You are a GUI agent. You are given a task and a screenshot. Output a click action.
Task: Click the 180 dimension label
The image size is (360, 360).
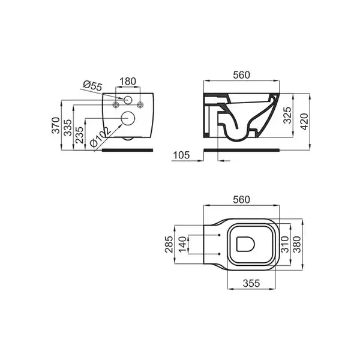tap(128, 81)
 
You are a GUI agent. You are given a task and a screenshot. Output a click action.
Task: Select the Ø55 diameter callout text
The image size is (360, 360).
tap(92, 86)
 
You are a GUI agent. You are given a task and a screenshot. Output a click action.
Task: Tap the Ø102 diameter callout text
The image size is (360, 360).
tap(101, 137)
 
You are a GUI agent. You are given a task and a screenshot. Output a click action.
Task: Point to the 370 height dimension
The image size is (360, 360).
tap(56, 125)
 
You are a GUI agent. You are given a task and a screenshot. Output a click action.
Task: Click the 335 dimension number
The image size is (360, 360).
tap(68, 128)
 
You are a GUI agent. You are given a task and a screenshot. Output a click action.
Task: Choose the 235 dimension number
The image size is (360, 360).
tap(80, 135)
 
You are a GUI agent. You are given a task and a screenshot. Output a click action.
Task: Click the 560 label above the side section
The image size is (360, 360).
tap(241, 75)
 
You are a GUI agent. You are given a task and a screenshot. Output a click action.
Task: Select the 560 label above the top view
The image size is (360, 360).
tap(241, 200)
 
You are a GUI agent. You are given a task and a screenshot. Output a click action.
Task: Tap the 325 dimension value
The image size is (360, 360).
tap(287, 115)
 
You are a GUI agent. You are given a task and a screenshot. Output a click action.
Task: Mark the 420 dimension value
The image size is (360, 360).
tap(305, 122)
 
